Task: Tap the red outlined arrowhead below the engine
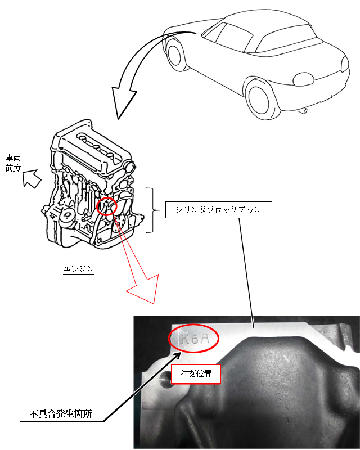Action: tap(143, 290)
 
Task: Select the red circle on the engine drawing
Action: tap(107, 206)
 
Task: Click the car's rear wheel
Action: tap(263, 99)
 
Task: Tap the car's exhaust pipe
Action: tap(304, 111)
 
